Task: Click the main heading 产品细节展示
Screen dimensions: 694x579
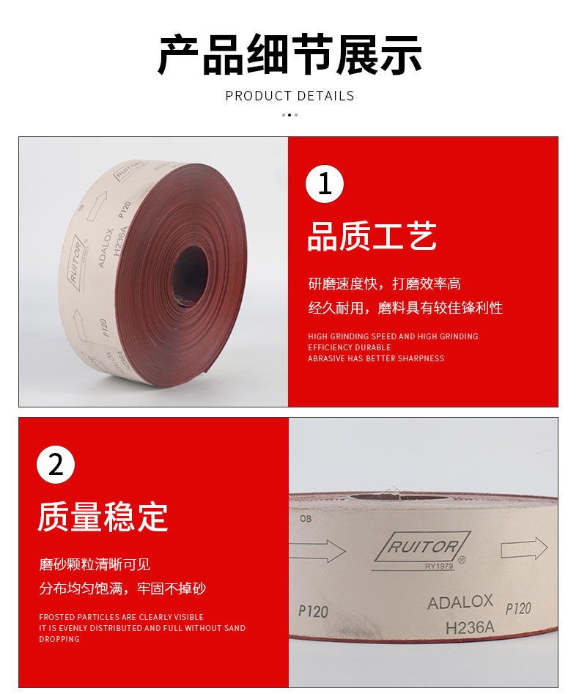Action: point(289,56)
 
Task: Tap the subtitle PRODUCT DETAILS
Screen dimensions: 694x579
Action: point(289,96)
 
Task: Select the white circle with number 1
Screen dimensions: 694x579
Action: point(325,184)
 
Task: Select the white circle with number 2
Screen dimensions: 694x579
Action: point(56,465)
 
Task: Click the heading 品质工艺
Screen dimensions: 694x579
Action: point(372,237)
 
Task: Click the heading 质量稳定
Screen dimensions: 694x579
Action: point(103,517)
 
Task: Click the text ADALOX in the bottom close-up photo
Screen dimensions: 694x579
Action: point(460,602)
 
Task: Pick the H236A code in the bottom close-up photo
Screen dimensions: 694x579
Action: point(470,627)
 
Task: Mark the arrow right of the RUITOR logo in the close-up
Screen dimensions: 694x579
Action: point(523,548)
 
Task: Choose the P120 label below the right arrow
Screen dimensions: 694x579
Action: point(518,608)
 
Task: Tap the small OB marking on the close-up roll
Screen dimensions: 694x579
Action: point(306,518)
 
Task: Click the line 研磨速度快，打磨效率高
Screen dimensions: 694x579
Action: point(384,284)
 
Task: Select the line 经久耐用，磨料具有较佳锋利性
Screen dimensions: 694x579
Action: point(405,308)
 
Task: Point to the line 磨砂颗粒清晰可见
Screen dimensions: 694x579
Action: point(95,564)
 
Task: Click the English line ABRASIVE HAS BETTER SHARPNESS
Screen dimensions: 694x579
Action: point(376,358)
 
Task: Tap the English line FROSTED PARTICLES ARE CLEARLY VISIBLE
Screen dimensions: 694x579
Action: point(121,617)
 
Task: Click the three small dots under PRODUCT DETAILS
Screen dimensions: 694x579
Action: point(289,115)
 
